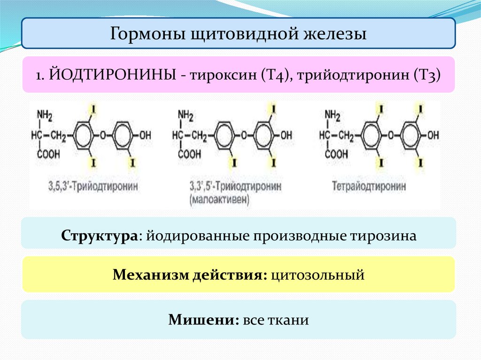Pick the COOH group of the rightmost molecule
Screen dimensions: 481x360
pos(337,153)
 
